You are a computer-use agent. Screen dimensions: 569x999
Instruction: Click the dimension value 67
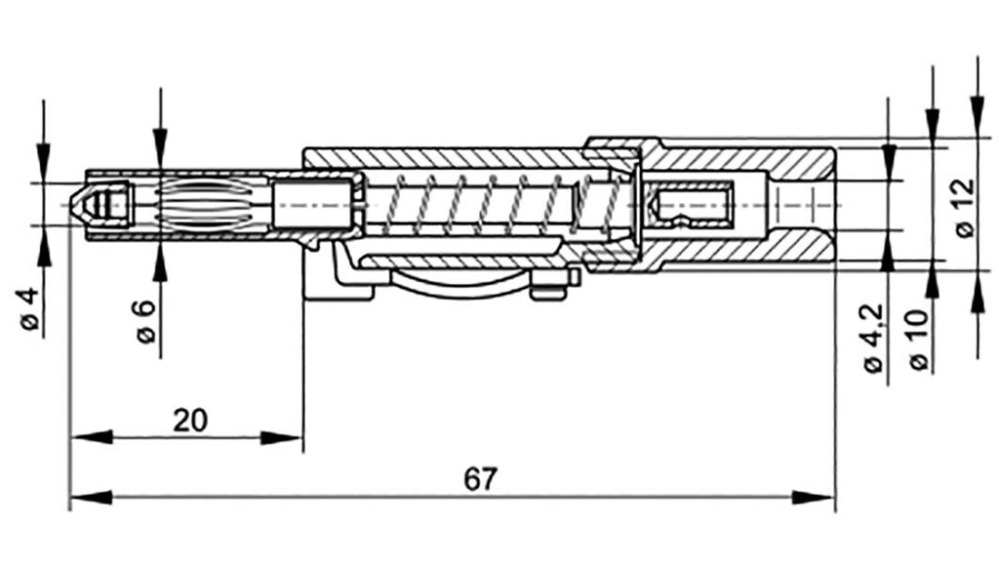point(480,479)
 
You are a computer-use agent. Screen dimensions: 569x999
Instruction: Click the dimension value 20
point(189,421)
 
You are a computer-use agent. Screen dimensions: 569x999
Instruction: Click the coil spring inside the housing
point(488,205)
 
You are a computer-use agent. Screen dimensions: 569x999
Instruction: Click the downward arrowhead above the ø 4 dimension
point(43,156)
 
